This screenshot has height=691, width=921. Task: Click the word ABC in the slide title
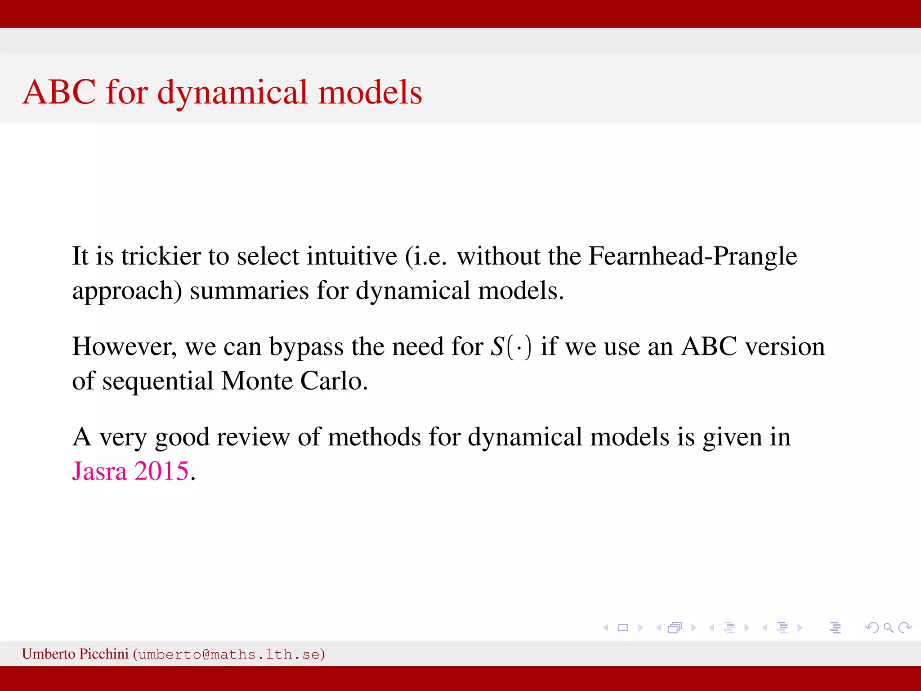point(59,92)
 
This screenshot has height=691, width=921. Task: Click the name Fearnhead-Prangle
point(693,256)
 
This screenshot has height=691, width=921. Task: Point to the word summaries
point(249,291)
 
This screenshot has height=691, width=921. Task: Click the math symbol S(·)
point(511,347)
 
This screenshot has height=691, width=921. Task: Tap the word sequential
point(157,381)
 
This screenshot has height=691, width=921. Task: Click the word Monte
point(257,381)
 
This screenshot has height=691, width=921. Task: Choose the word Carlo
point(334,381)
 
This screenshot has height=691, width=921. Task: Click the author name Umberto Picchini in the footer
point(75,654)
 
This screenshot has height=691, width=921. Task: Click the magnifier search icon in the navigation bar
point(888,628)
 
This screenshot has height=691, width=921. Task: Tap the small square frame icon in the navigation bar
point(623,628)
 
